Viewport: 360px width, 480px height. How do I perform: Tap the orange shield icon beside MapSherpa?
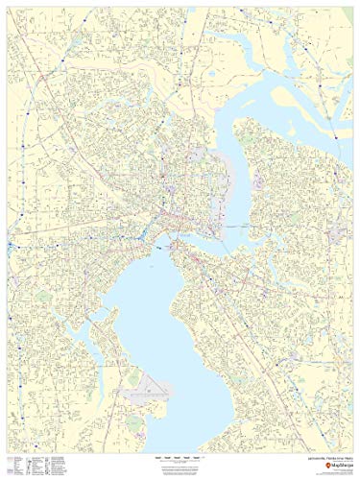pyautogui.click(x=312, y=468)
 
